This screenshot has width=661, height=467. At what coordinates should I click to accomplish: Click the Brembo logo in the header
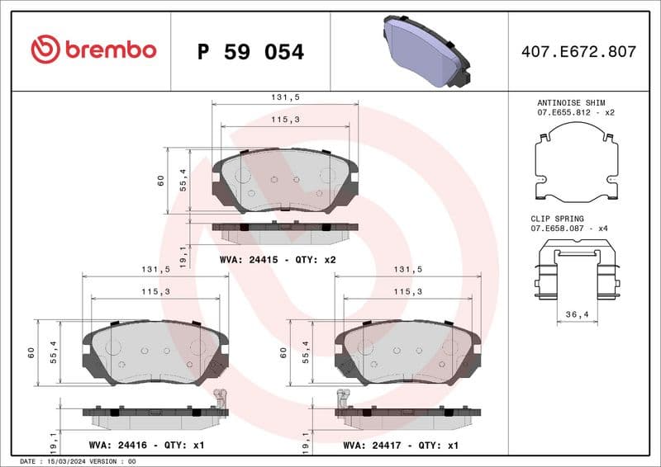pos(93,50)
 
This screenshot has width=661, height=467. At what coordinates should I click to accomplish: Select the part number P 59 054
pos(250,52)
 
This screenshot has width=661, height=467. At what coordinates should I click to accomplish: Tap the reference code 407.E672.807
pos(578,52)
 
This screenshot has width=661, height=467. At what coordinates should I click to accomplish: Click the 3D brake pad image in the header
pos(426,50)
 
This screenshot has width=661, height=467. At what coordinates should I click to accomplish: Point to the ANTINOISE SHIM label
pos(565,102)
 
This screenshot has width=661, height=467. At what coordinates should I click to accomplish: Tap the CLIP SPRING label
pos(557,219)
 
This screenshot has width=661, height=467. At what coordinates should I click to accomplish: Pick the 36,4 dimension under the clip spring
pos(577,314)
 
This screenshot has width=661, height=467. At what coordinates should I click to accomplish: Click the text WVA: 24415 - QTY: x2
pos(278,260)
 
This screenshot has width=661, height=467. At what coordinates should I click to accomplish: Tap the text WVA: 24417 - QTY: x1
pos(401,445)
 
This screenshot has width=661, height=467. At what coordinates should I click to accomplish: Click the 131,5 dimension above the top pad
pos(284,97)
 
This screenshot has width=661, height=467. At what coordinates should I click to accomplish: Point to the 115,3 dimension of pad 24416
pos(155,291)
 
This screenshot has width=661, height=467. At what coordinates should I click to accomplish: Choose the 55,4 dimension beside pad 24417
pos(307,352)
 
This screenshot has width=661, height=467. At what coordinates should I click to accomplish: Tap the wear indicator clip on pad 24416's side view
pos(220,400)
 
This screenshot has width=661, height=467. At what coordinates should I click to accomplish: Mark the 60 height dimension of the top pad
pos(161,181)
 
